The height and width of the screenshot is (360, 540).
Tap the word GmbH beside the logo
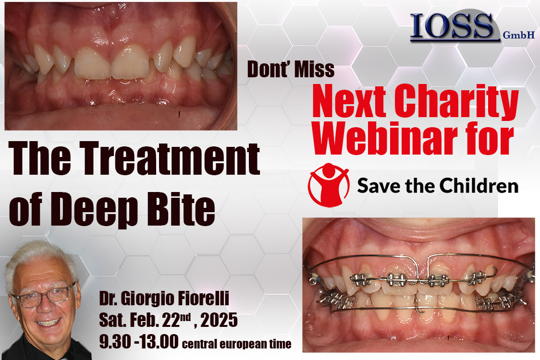click(x=519, y=35)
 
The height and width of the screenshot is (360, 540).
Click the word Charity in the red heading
click(x=456, y=102)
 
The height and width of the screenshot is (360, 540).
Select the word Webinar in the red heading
click(x=385, y=138)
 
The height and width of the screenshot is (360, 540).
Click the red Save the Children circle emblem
click(x=329, y=185)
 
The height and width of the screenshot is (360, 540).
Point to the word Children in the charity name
click(x=479, y=186)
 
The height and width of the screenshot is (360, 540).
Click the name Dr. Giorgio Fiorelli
click(x=164, y=299)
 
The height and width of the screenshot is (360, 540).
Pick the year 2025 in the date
click(x=219, y=320)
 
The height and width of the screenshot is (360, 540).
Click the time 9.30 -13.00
click(x=139, y=342)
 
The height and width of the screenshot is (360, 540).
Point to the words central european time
click(x=236, y=344)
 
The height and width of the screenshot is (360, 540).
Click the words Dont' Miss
click(x=291, y=69)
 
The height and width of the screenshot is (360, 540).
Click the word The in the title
click(x=39, y=159)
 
